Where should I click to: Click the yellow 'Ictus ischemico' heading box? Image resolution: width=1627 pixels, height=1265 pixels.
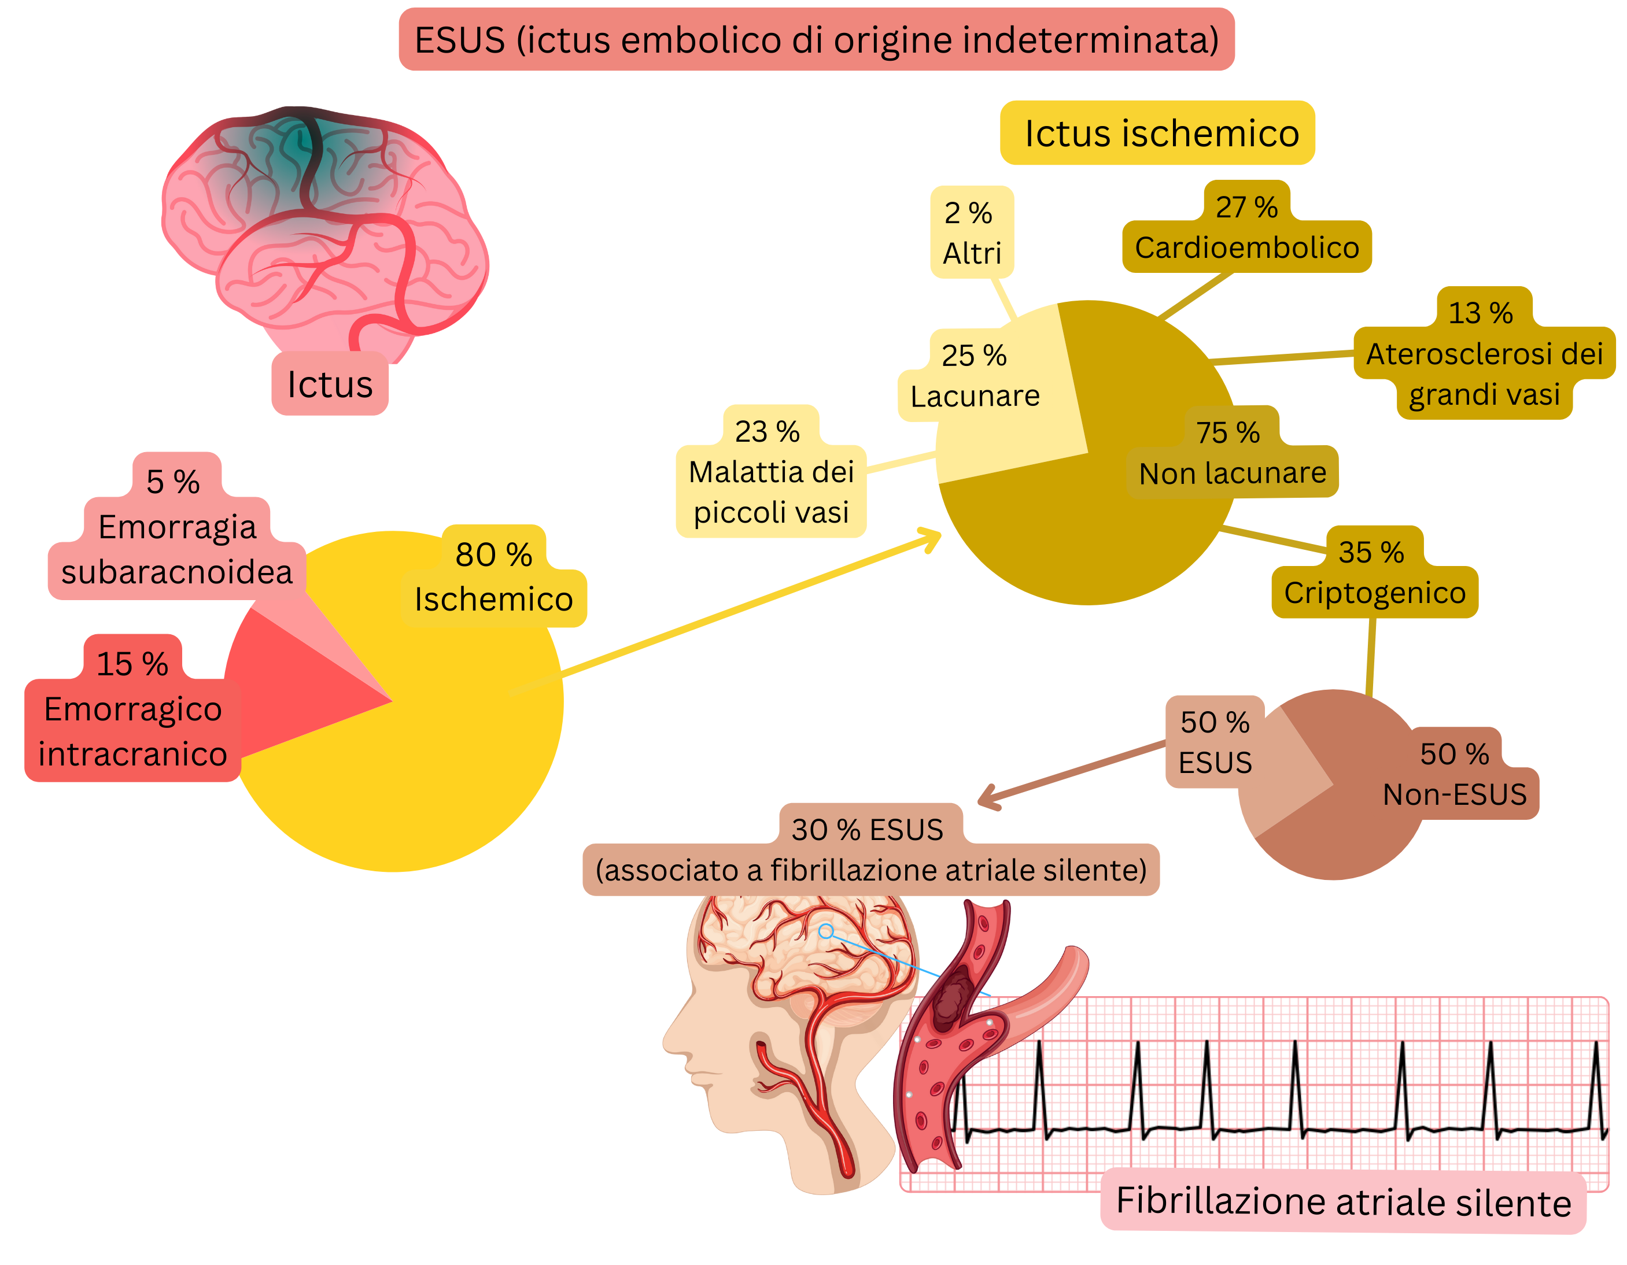point(1157,134)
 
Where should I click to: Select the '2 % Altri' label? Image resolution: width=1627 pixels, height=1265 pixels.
point(972,233)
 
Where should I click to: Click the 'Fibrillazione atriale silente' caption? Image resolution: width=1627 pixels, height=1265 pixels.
point(1343,1202)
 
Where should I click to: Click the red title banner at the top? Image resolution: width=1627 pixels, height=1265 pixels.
point(817,39)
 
